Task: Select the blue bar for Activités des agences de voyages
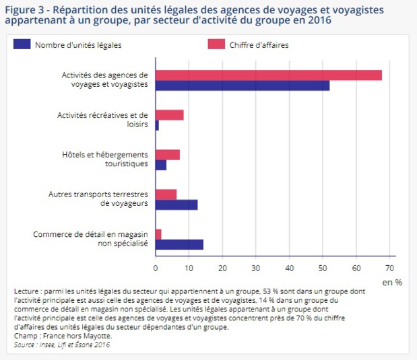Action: click(243, 85)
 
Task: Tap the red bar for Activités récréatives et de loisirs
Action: click(169, 115)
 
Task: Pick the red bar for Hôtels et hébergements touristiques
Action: click(167, 155)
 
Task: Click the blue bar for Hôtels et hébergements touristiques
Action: click(160, 165)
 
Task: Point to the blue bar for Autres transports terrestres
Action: click(176, 205)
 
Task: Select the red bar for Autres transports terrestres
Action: click(166, 194)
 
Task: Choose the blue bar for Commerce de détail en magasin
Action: click(179, 244)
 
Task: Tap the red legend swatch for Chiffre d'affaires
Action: click(216, 45)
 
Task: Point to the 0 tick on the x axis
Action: click(156, 266)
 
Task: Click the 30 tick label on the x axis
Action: click(255, 266)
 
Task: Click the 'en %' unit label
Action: click(391, 283)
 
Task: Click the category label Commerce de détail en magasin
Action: click(90, 239)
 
